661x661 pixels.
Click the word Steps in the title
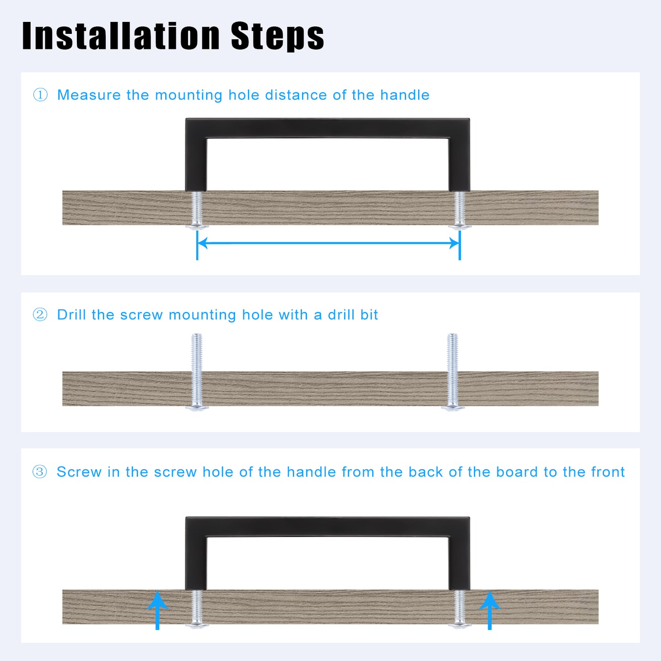(278, 36)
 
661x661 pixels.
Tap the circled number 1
(40, 95)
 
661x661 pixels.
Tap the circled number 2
(40, 315)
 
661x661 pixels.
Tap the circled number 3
(40, 472)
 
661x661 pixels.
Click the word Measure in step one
(89, 95)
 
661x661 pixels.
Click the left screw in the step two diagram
(197, 372)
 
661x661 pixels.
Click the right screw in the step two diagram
(452, 372)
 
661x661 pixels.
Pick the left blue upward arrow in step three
(157, 610)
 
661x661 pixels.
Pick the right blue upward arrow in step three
(489, 610)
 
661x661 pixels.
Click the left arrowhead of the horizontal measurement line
(203, 243)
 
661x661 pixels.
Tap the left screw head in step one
(197, 226)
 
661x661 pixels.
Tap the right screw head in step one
(460, 226)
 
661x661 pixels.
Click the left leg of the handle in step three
(196, 563)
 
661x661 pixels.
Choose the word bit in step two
(369, 315)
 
